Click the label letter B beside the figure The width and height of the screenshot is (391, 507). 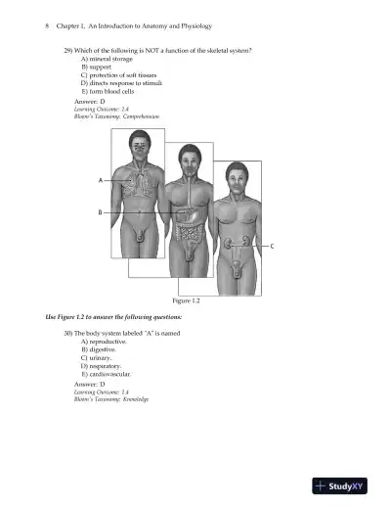100,212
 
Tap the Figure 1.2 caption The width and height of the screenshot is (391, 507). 188,301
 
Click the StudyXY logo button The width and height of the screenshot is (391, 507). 345,484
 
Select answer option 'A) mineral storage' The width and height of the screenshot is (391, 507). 109,60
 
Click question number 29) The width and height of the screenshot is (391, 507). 69,50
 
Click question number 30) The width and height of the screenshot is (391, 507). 69,334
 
